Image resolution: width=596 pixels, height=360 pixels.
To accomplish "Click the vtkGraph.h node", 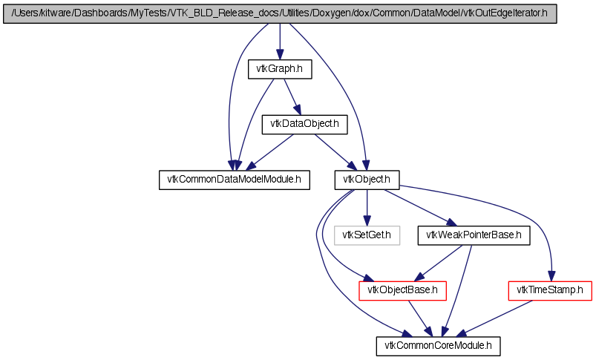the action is tap(280, 69).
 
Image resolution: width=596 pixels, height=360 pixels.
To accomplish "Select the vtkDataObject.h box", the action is tap(304, 124).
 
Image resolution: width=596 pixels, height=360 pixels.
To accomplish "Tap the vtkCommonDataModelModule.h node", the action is tap(234, 180).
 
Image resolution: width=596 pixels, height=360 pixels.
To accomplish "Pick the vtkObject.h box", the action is tap(367, 180).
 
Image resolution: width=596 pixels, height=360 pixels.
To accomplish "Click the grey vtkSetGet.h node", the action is tap(367, 235).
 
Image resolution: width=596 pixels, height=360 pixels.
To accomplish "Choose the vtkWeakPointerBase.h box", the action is tap(474, 235).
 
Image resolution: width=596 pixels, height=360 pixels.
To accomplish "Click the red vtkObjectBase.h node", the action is tap(402, 290).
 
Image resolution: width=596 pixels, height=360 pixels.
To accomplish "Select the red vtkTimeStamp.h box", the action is tap(550, 290).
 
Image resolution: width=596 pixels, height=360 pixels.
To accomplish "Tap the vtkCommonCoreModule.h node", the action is tap(438, 346).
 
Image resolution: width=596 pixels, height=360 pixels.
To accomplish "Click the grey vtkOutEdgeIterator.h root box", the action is tap(280, 13).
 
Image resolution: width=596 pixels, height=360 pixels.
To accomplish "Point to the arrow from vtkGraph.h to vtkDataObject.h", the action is tap(292, 97).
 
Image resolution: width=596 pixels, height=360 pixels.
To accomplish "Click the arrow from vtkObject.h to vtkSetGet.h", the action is tap(367, 208).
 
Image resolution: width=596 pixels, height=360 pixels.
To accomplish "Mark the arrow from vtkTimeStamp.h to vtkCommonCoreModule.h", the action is tap(494, 318).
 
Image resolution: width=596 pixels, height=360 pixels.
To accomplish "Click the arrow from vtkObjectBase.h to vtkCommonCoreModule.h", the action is tap(420, 318).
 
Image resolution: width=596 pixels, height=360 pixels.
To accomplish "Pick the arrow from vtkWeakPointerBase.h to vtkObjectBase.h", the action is tap(438, 263).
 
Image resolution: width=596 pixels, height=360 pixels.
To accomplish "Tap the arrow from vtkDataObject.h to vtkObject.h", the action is tap(335, 152).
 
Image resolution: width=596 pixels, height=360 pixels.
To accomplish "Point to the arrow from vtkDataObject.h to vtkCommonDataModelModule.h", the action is tap(270, 152).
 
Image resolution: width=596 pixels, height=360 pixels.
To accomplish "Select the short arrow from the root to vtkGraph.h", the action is tap(280, 42).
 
